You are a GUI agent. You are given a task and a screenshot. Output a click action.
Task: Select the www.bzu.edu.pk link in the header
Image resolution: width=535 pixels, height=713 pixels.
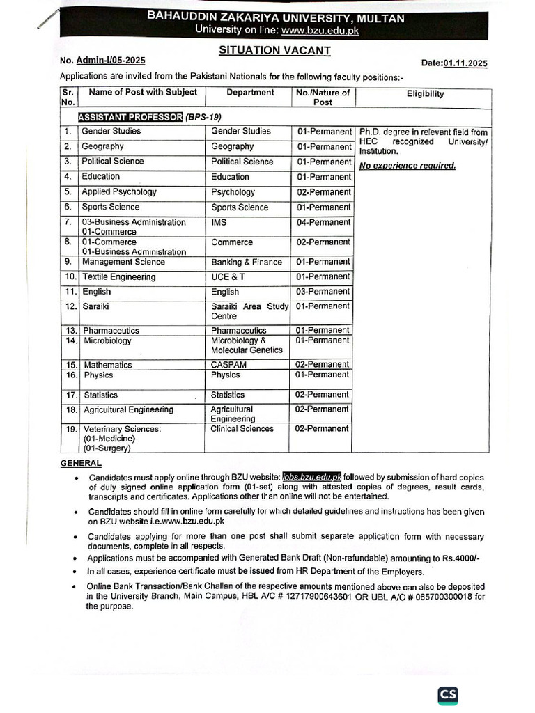[x=320, y=30]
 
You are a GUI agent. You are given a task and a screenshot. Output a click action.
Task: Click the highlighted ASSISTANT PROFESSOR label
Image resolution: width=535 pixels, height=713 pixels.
[x=130, y=116]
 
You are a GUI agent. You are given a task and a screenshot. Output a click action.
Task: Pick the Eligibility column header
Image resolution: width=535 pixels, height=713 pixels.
[x=425, y=94]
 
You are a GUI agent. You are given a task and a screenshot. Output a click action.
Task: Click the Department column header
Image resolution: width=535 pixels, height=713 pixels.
[x=250, y=92]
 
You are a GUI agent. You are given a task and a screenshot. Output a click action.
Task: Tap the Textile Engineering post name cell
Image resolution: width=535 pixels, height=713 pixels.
[x=118, y=277]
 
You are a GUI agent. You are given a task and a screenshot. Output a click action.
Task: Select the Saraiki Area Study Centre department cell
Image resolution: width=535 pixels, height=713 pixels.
[x=249, y=311]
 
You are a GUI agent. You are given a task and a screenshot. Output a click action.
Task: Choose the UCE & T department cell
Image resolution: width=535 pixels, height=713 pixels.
[x=228, y=277]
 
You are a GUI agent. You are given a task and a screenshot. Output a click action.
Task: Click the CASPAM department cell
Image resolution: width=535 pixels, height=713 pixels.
[x=229, y=365]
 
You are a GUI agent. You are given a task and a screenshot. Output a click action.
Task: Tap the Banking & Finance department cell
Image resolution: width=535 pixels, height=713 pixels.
[x=247, y=263]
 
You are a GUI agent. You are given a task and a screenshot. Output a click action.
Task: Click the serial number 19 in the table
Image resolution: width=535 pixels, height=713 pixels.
[x=70, y=430]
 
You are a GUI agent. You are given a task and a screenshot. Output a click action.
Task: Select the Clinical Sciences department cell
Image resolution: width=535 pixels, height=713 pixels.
[x=242, y=429]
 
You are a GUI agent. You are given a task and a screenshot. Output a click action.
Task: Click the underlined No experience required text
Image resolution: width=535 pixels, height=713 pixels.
[x=407, y=166]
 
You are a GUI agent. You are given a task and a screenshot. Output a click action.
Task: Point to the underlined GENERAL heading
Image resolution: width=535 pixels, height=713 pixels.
[x=81, y=463]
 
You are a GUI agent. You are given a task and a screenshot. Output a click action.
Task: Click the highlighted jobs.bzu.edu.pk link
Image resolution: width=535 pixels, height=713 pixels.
[x=311, y=477]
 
